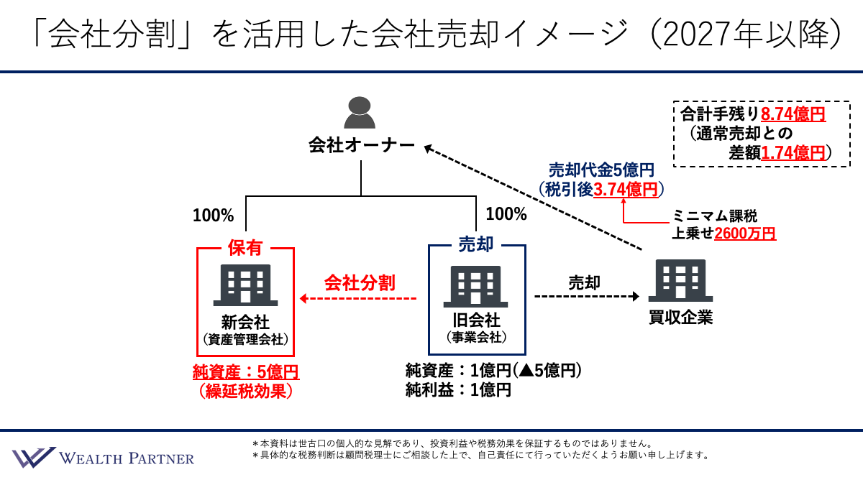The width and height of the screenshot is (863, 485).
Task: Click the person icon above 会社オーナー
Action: coord(360,113)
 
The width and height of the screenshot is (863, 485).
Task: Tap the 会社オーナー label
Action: coord(361,146)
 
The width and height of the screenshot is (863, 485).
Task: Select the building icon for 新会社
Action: coord(245,285)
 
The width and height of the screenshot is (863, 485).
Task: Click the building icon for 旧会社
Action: coord(475,286)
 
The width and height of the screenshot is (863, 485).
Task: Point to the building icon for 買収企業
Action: coord(680,281)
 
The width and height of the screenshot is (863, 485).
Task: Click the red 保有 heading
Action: coord(245,248)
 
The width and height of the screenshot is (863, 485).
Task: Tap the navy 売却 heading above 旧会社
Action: coord(475,245)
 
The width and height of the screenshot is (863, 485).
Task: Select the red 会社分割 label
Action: coord(360,282)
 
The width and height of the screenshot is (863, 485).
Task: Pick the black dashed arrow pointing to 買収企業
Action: coord(586,296)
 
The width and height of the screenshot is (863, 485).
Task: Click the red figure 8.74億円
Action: coord(793,114)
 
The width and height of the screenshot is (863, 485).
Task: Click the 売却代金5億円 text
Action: coord(601,170)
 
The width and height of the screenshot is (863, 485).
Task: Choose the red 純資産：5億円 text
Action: coord(245,372)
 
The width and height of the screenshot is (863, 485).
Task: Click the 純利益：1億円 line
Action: coord(458,391)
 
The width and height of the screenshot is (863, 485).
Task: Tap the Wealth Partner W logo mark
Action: coord(33,458)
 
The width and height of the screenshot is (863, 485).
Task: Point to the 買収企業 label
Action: coord(680,317)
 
